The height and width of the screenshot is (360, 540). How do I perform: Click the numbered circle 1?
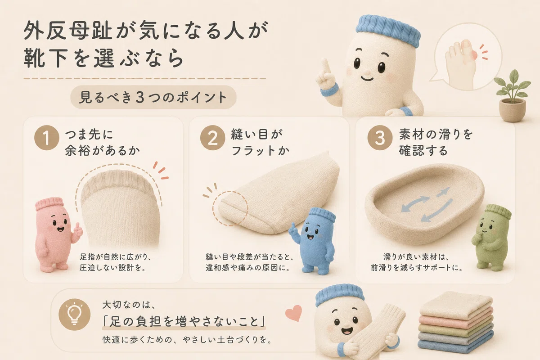(47, 138)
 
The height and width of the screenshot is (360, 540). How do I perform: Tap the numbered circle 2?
(212, 138)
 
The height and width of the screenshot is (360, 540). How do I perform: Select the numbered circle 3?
(380, 138)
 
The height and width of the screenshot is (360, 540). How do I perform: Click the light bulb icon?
(75, 314)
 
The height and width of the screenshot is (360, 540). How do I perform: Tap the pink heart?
(293, 313)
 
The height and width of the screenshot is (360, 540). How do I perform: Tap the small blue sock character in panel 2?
(311, 241)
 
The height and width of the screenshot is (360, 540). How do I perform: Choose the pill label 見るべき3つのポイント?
(153, 97)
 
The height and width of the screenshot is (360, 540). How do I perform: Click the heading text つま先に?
(89, 134)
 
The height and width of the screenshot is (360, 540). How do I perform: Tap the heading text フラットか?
(260, 151)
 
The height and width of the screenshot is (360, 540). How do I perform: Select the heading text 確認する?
(423, 150)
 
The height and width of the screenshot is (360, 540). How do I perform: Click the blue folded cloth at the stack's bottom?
(457, 347)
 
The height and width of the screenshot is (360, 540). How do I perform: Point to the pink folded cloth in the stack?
(456, 319)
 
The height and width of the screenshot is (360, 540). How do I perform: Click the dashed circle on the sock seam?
(230, 208)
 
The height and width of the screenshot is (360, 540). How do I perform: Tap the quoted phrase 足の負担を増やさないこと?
(184, 322)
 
